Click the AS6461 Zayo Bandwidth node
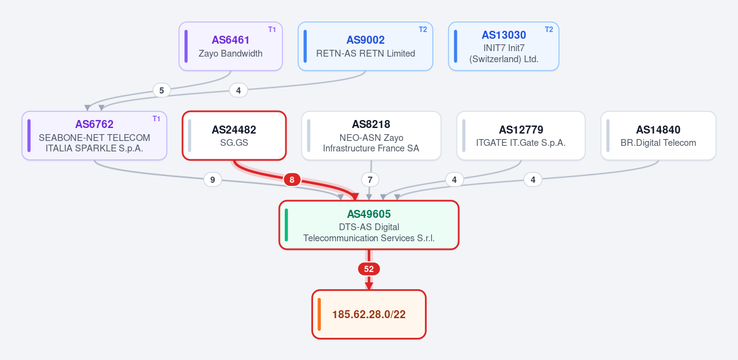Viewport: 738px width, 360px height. coord(231,46)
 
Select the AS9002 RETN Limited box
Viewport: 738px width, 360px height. coord(365,46)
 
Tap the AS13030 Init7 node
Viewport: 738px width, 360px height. coord(504,46)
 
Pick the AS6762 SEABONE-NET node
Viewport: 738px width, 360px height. coord(95,135)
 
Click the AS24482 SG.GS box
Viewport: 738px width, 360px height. coord(234,135)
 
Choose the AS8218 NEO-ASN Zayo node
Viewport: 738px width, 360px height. coord(371,135)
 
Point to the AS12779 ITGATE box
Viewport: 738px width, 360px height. coord(521,135)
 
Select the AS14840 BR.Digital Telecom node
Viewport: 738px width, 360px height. coord(658,135)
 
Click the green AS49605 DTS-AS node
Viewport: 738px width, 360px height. coord(369,225)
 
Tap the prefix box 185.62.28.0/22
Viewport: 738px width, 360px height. coord(369,314)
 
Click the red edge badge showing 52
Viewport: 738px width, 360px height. coord(369,269)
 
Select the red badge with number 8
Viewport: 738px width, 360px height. coord(292,180)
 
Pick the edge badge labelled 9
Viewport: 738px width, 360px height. coord(213,180)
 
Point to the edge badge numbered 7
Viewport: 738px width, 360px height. coord(370,180)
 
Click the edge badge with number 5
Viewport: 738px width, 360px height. coord(161,90)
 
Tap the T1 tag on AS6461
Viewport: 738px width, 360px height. coord(272,30)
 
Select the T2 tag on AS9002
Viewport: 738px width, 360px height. coord(423,30)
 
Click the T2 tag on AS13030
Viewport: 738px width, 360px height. coord(549,30)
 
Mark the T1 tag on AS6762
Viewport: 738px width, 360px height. coord(156,119)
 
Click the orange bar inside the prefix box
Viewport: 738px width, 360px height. coord(319,314)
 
